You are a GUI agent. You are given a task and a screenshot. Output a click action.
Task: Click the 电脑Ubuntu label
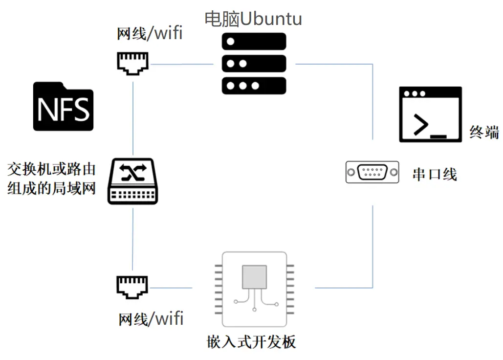(x=253, y=18)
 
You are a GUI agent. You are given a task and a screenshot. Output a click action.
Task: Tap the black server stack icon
(x=254, y=64)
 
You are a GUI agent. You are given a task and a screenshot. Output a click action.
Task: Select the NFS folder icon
(x=63, y=106)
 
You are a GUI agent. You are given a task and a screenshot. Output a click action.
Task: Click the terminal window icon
(x=430, y=114)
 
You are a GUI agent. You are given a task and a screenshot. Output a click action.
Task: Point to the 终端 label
(x=484, y=132)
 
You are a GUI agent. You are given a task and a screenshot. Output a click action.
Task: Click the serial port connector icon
(x=372, y=173)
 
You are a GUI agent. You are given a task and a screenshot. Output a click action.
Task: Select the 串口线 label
(x=435, y=174)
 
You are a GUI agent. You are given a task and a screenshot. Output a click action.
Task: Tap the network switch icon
(x=133, y=181)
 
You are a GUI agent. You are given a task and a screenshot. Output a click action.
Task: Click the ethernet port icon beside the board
(x=132, y=287)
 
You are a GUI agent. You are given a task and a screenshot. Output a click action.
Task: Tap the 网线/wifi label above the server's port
(x=150, y=33)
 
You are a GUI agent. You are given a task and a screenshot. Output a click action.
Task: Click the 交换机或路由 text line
(x=51, y=169)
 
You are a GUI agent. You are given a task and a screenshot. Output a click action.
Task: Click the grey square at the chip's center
(x=254, y=277)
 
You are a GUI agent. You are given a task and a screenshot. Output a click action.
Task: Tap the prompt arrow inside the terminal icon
(x=420, y=125)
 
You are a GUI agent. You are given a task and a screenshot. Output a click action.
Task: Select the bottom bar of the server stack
(x=254, y=86)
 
